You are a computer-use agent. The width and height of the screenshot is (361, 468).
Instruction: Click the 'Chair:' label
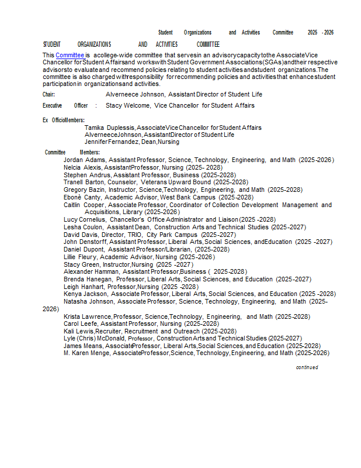[49, 94]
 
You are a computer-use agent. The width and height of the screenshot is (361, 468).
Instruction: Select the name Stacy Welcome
[127, 106]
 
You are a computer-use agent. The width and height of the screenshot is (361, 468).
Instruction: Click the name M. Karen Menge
[86, 353]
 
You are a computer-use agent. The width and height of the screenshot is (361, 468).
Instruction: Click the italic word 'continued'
[307, 367]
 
